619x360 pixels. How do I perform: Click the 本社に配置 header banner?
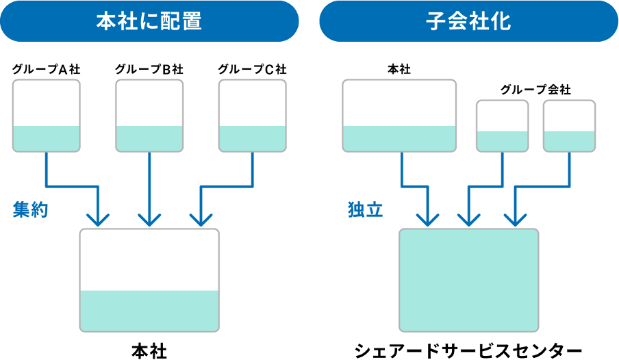[x=149, y=21]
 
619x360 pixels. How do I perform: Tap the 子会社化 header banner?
[x=468, y=21]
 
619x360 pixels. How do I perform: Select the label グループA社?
[x=46, y=70]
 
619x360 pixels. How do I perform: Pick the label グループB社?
[x=149, y=70]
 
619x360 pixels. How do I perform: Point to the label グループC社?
[x=252, y=70]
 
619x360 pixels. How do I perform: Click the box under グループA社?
[x=46, y=116]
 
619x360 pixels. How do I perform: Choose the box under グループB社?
[x=149, y=116]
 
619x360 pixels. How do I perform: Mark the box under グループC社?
[x=252, y=116]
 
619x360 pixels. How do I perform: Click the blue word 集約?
[x=30, y=209]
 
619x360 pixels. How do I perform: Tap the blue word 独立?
[x=365, y=209]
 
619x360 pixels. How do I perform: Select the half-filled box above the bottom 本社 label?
[x=149, y=280]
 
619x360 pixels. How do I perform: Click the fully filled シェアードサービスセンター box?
[x=468, y=280]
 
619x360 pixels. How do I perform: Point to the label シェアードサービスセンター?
[x=468, y=350]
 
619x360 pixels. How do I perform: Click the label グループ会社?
[x=535, y=90]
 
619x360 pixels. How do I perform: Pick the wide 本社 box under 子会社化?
[x=399, y=116]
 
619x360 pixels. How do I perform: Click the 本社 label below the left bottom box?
[x=149, y=351]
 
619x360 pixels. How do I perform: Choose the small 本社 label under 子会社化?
[x=399, y=70]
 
